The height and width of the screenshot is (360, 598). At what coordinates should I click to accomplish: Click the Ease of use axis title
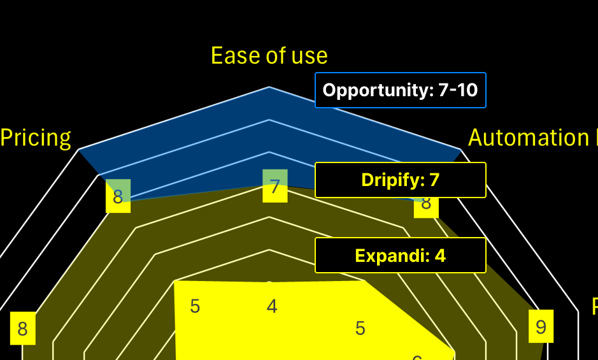(269, 56)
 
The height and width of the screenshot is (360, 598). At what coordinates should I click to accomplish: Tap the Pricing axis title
(36, 138)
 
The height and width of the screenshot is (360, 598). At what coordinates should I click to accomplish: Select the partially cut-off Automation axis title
(532, 138)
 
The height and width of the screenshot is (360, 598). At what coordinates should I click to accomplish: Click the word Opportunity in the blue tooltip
(378, 90)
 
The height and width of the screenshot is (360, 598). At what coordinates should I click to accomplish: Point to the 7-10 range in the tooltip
(458, 90)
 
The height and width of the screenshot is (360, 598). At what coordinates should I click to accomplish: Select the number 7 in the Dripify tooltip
(434, 180)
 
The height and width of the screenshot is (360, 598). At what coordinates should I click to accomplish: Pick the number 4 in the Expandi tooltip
(440, 256)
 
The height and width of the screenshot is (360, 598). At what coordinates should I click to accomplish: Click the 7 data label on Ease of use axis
(274, 187)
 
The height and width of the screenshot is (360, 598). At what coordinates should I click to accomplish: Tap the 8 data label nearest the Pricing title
(118, 197)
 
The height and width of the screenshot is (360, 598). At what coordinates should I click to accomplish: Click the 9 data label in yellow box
(541, 327)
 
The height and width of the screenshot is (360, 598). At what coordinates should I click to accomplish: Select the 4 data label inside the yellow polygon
(272, 306)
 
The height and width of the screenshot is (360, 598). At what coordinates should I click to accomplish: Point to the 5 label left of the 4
(195, 306)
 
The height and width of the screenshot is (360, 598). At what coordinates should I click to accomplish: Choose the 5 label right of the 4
(360, 329)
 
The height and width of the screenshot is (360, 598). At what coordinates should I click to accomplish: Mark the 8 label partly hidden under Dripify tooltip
(426, 204)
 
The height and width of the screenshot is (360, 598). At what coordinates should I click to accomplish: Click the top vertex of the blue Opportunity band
(269, 87)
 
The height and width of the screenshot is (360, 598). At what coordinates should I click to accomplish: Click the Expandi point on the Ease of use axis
(269, 282)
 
